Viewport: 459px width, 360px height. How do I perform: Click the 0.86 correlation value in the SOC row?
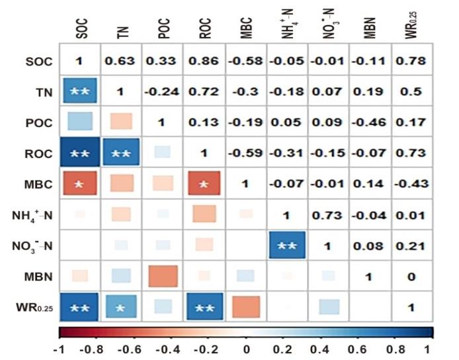pos(204,62)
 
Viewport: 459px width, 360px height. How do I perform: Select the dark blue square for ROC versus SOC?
pos(79,154)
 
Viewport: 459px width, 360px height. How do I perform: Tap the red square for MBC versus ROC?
pos(204,184)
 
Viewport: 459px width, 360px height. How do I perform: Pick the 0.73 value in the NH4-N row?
pos(328,214)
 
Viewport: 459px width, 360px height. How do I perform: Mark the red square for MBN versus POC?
pos(163,275)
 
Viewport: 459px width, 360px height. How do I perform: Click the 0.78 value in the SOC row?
pos(411,62)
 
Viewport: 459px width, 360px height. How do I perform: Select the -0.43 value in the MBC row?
pos(411,184)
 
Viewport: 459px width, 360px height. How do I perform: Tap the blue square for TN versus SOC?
pos(79,93)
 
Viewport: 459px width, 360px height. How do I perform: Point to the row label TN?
pos(42,93)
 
